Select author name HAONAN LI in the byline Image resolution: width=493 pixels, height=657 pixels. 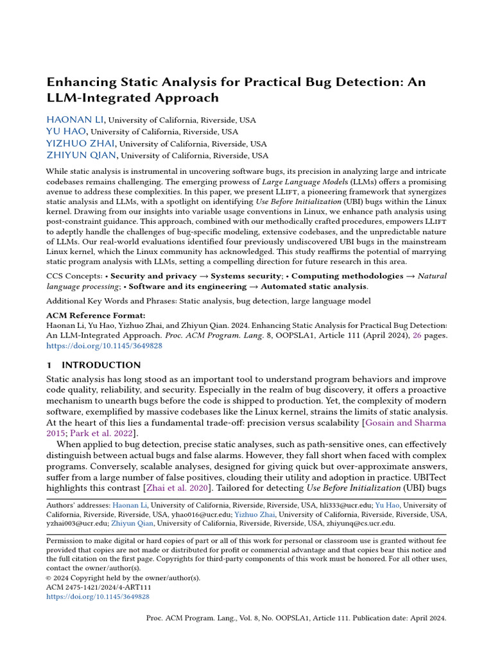tap(74, 120)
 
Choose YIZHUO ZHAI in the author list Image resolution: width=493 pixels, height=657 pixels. tap(80, 143)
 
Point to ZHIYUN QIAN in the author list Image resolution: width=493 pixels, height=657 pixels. tap(82, 155)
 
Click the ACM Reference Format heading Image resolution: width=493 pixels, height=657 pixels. tap(96, 316)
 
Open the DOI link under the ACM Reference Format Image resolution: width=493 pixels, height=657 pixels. tap(104, 345)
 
